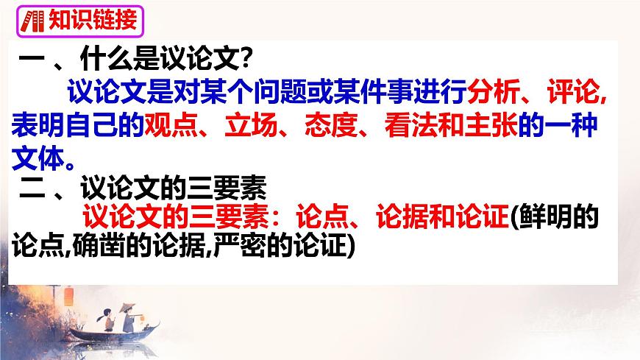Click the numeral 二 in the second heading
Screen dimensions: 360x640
[x=32, y=188]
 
